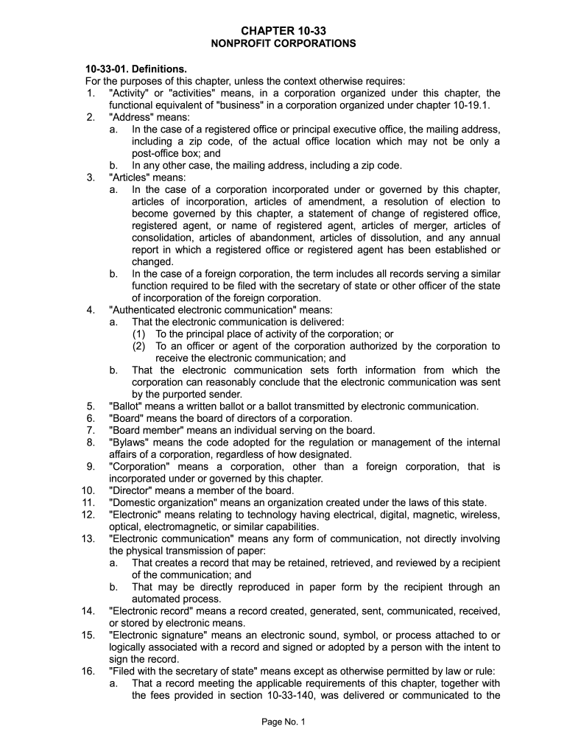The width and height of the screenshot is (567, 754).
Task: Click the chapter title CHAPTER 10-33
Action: (x=283, y=31)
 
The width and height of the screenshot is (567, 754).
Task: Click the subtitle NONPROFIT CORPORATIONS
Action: (x=283, y=43)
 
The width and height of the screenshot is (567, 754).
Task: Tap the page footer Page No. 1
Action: (x=283, y=722)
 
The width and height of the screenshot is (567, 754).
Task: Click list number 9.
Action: (x=91, y=467)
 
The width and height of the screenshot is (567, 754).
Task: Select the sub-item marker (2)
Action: (x=139, y=346)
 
